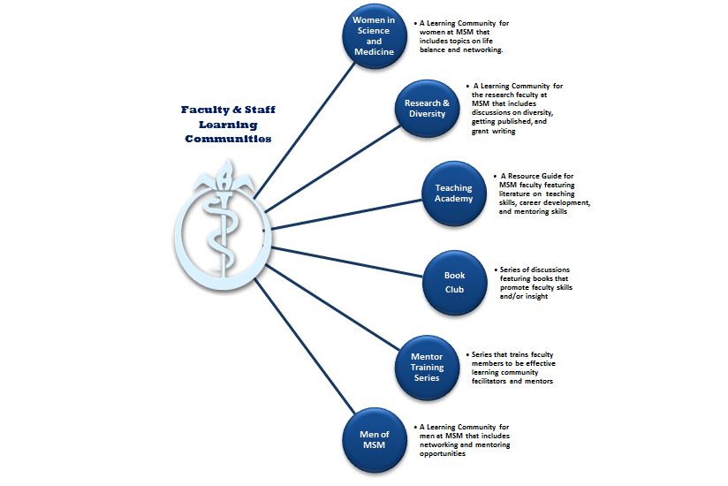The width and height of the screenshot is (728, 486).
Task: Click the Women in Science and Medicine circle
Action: coord(375,36)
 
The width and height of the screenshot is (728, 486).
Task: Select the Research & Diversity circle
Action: coord(427,108)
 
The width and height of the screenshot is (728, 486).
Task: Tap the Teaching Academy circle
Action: coord(453,194)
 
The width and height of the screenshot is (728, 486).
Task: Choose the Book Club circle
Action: coord(454,283)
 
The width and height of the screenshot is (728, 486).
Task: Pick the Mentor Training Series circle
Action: coord(427,368)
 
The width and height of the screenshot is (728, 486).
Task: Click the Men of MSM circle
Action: coord(375,440)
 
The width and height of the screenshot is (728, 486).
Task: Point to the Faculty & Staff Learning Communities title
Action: coord(228,124)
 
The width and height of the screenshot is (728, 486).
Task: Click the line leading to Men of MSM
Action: coord(304,346)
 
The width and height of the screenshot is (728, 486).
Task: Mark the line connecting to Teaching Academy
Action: coord(346,214)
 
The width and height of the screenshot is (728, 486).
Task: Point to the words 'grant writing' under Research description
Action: coord(494,131)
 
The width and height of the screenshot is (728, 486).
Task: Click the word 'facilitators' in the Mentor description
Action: coord(489,381)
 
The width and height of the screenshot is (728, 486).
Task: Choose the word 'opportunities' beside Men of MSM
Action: coord(443,453)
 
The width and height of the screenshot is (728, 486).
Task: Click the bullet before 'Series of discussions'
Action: coord(496,270)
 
